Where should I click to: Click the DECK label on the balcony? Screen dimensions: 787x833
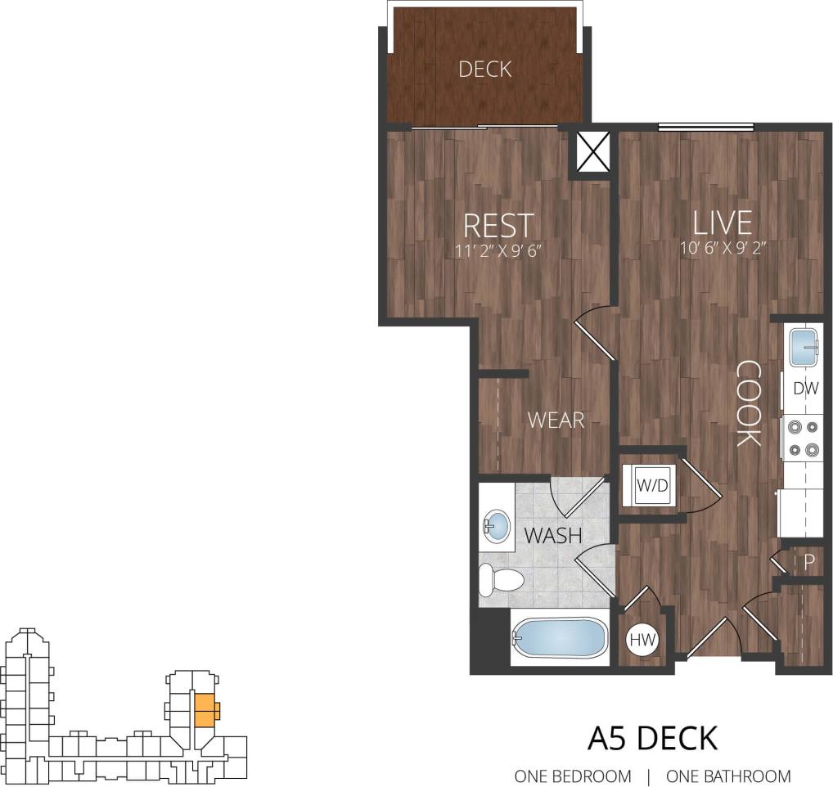[x=484, y=70]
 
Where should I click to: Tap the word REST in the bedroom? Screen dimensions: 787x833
[x=498, y=225]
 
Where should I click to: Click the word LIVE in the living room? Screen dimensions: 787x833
[x=722, y=223]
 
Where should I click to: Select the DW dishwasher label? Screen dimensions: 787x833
[x=805, y=389]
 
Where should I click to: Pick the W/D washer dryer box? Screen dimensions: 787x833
[x=653, y=485]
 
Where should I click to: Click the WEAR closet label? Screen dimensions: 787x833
[x=556, y=420]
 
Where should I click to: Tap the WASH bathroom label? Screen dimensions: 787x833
[x=552, y=537]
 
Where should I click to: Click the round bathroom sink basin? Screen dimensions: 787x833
[x=496, y=526]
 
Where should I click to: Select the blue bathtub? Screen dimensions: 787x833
[x=560, y=637]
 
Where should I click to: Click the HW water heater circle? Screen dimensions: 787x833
[x=644, y=641]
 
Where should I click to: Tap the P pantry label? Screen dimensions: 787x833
[x=808, y=561]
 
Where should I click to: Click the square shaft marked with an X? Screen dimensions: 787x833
[x=593, y=151]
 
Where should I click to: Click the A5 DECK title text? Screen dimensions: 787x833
[x=652, y=738]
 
